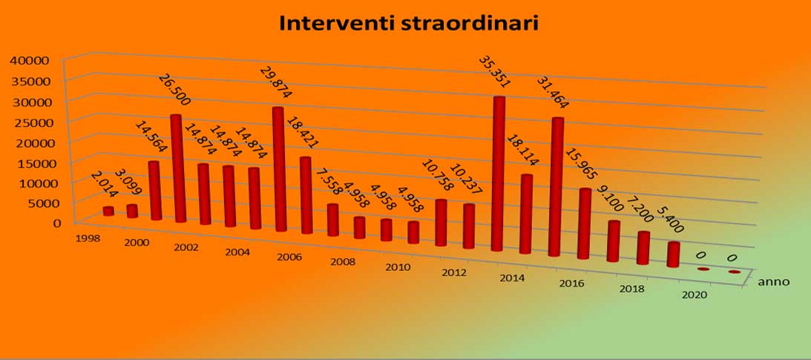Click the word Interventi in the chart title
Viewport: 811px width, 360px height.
tap(336, 23)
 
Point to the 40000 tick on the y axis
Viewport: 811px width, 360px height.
tap(30, 60)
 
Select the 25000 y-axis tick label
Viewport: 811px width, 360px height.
tap(30, 122)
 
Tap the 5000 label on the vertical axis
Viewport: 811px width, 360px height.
tap(33, 203)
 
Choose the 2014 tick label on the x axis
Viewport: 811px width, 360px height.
tap(512, 278)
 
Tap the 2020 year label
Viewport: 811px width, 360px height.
tap(695, 295)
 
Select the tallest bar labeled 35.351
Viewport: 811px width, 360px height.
tap(498, 174)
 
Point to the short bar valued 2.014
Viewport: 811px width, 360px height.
tap(108, 211)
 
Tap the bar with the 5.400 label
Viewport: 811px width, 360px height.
tap(674, 255)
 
